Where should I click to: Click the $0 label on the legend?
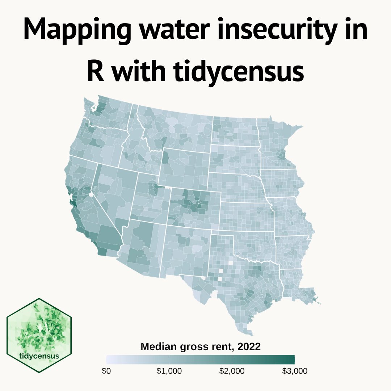(x=106, y=371)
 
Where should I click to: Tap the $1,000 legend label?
(x=169, y=371)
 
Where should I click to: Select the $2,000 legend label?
(x=232, y=371)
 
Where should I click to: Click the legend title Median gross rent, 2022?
(x=200, y=347)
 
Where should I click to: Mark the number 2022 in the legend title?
(x=249, y=347)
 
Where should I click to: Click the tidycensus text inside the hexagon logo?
(x=39, y=356)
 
